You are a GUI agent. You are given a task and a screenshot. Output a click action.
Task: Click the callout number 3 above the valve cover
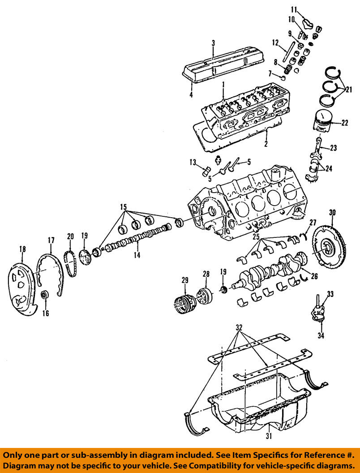[x=213, y=43]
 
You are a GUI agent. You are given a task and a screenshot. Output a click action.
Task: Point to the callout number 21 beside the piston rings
[x=349, y=90]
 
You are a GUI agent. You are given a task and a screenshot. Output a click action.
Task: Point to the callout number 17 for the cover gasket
[x=51, y=240]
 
